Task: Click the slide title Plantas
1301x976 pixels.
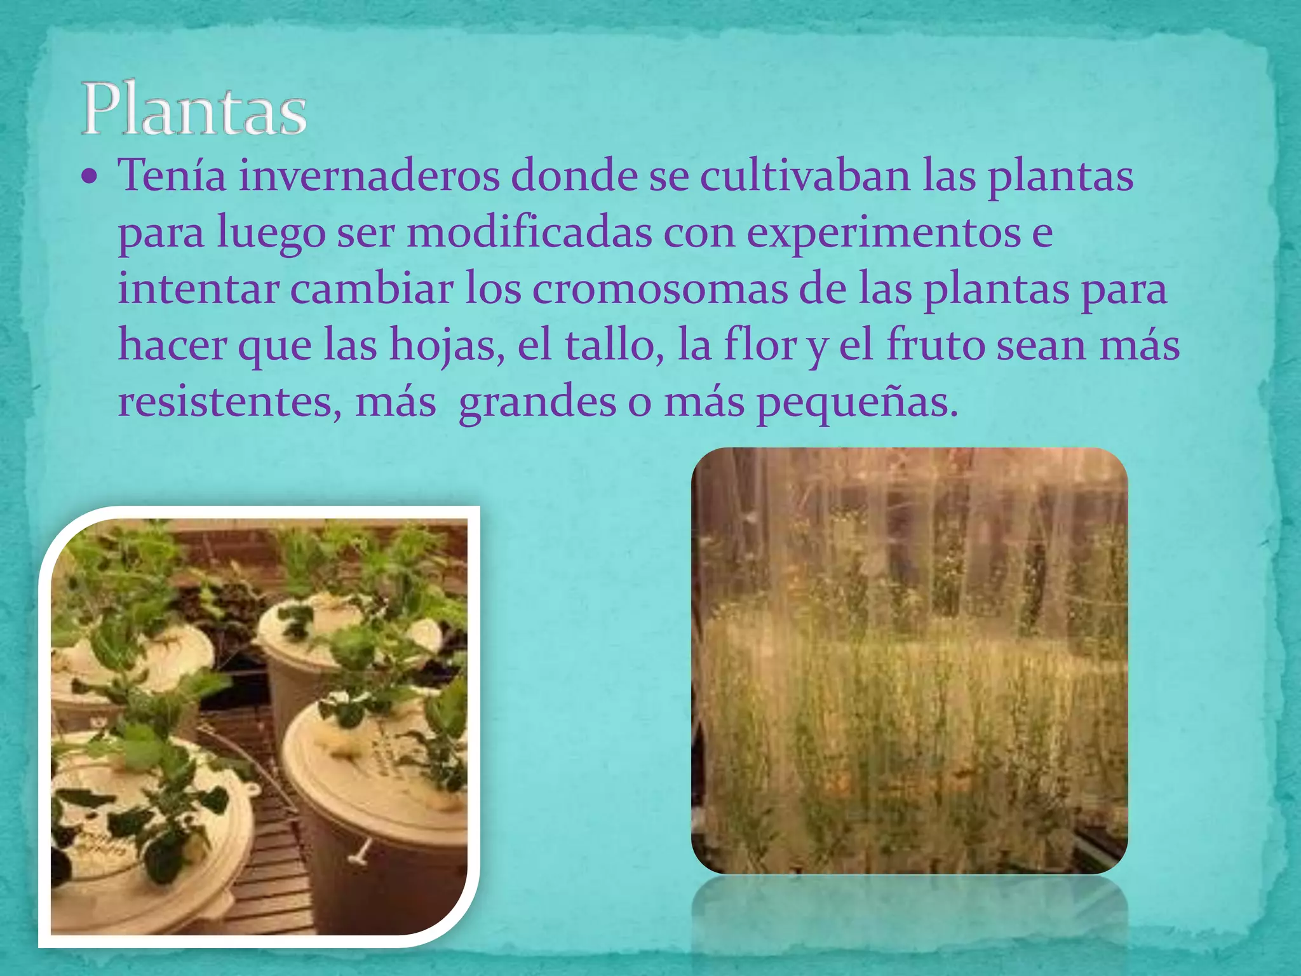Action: click(x=194, y=108)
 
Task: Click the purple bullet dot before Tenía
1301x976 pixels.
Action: click(x=90, y=176)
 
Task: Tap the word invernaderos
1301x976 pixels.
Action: click(x=368, y=176)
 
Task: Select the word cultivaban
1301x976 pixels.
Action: click(x=805, y=176)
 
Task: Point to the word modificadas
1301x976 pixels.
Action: click(x=529, y=233)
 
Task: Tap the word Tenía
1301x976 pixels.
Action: click(x=172, y=176)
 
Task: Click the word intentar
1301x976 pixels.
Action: click(x=198, y=289)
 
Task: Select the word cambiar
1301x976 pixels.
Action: click(x=372, y=289)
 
